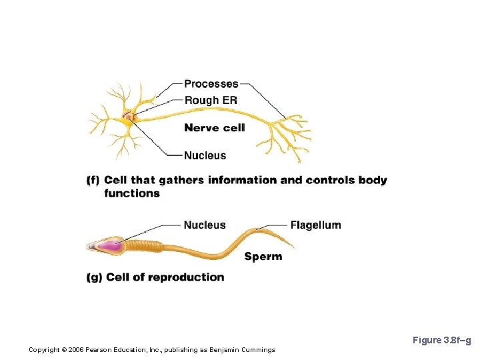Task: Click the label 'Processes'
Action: tap(211, 84)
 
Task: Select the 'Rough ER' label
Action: tap(211, 101)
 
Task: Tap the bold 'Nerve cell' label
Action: tap(214, 128)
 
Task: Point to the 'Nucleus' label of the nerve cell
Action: tap(205, 156)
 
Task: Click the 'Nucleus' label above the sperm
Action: tap(205, 225)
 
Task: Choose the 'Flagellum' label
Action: tap(315, 225)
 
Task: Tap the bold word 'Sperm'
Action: tap(263, 257)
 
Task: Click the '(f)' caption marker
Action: tap(93, 180)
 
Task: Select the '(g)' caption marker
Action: tap(94, 277)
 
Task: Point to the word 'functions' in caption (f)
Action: tap(132, 194)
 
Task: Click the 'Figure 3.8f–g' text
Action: tap(441, 341)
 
